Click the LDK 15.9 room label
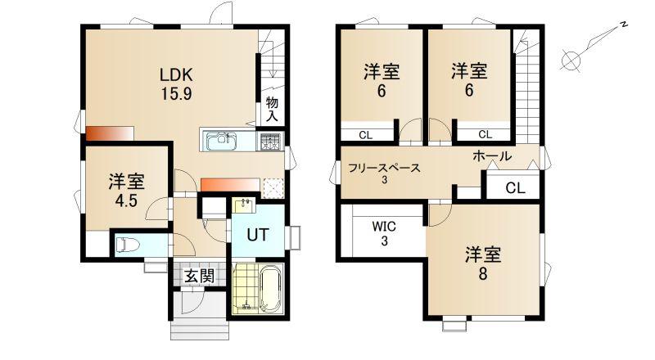point(176,84)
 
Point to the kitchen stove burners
point(270,142)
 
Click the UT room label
point(257,235)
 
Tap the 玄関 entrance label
point(200,276)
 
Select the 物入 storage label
point(272,109)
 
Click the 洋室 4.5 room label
point(127,191)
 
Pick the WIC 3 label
point(384,233)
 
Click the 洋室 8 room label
point(483,263)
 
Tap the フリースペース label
point(384,169)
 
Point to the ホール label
point(492,156)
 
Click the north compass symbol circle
point(571,61)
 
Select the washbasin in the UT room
point(243,205)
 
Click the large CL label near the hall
point(515,188)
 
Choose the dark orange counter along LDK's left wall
point(110,133)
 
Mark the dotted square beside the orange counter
point(273,187)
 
